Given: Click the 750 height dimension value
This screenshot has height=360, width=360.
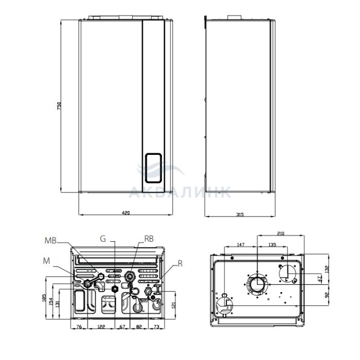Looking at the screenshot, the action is point(59,106).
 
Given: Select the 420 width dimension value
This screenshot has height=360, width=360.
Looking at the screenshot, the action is point(125,213).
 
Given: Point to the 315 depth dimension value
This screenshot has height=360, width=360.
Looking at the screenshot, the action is point(240,214).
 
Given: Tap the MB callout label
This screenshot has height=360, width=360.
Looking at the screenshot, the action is point(50,240).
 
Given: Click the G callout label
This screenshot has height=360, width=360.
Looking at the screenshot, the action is point(103,239).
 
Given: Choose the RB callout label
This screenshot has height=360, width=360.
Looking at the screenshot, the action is point(149,239).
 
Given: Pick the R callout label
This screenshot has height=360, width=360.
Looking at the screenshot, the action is point(180,263).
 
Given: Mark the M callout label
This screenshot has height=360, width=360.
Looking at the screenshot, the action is point(47,261).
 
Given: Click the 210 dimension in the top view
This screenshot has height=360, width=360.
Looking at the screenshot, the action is point(281,233).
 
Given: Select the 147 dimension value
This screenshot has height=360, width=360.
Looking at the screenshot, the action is point(240,244).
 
